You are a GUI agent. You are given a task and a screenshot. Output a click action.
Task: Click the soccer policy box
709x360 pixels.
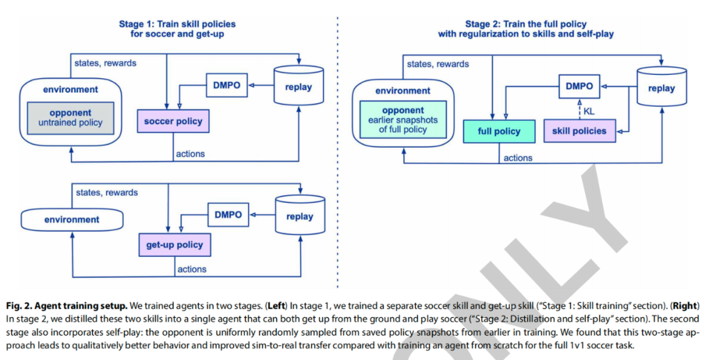173,122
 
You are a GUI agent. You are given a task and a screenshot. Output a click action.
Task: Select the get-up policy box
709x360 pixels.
174,245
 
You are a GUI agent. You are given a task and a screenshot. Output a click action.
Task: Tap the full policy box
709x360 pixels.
499,131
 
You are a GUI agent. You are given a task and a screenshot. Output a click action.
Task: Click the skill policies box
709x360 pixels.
579,131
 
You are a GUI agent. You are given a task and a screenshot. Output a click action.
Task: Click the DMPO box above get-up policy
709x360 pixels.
228,214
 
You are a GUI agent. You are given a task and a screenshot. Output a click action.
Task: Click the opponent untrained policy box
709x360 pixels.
70,118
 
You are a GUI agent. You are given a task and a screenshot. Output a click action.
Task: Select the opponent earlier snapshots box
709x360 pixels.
403,120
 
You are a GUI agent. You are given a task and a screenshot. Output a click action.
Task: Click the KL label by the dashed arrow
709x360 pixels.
589,112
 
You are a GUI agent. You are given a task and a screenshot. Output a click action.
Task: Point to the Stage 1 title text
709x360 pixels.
177,29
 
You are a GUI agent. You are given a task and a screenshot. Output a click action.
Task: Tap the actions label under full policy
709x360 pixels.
518,158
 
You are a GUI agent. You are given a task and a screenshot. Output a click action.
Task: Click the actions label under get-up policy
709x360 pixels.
191,269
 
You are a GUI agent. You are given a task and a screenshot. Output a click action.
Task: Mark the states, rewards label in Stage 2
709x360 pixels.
438,64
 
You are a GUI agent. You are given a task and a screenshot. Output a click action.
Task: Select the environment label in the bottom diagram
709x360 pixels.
72,219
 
